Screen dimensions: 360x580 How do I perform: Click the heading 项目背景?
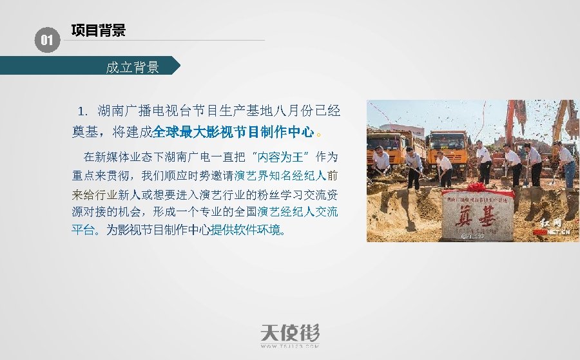point(98,30)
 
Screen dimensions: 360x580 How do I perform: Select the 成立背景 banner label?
point(132,67)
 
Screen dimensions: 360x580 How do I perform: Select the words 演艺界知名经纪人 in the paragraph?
point(280,175)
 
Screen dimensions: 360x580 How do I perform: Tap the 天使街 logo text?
point(290,333)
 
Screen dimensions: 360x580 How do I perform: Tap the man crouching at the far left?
point(381,161)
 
